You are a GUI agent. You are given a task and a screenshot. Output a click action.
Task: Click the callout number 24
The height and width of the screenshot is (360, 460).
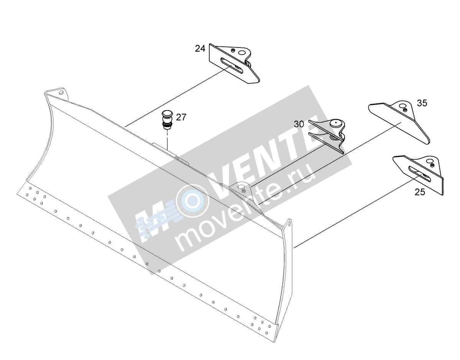[x=200, y=49]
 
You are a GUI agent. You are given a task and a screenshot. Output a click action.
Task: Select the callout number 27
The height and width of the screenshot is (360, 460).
[x=181, y=117]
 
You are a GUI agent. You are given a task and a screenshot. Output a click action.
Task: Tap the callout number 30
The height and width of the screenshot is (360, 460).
[x=299, y=124]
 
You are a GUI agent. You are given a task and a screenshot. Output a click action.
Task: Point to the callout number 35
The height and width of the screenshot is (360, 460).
[x=422, y=103]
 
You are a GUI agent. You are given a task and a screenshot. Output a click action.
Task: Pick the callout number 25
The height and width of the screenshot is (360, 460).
[x=420, y=192]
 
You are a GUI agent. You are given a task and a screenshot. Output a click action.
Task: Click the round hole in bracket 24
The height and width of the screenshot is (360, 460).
[x=242, y=52]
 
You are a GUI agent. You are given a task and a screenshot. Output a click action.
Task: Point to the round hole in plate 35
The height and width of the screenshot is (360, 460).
[x=402, y=106]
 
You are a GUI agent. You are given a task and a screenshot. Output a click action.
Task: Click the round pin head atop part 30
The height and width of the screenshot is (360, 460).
[x=335, y=123]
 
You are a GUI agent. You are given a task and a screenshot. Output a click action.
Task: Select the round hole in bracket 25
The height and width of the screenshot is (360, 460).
[x=429, y=161]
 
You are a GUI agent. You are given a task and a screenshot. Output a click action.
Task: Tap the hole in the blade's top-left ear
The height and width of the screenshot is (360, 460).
[x=61, y=92]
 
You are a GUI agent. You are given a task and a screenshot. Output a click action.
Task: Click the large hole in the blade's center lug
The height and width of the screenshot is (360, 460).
[x=241, y=187]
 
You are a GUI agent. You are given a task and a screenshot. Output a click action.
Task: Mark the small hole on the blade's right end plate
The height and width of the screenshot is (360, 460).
[x=289, y=225]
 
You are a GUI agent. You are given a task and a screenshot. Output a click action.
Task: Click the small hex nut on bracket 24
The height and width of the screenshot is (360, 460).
[x=233, y=50]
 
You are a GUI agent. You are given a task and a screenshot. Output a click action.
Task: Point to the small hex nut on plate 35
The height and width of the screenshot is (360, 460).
[x=405, y=110]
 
